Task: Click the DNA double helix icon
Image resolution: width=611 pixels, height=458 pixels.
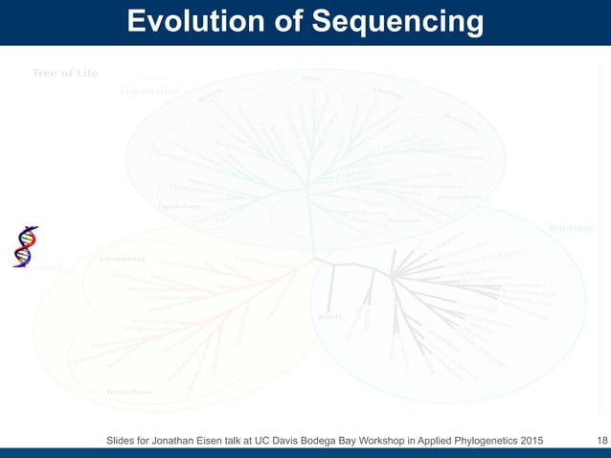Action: coord(25,246)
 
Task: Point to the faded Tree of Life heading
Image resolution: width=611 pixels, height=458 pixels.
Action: coord(65,74)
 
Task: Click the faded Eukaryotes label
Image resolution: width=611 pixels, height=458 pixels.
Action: coord(148,91)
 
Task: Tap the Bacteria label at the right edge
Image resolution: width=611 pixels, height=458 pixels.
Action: coord(571,228)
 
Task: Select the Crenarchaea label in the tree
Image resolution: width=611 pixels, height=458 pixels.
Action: coord(123,259)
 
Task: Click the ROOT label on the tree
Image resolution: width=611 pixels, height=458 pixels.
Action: coord(329,317)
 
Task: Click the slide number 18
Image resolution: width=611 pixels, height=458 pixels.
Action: coord(601,441)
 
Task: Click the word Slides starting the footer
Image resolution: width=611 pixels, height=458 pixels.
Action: coord(124,441)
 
